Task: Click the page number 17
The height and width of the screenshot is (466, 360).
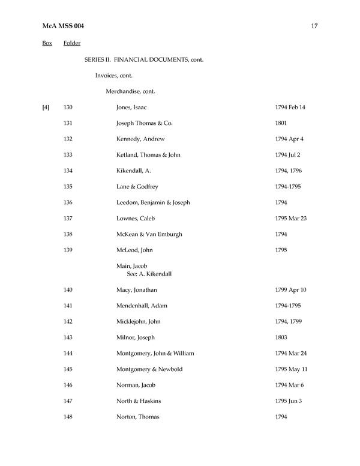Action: [314, 25]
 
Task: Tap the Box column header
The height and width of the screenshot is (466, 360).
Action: [47, 43]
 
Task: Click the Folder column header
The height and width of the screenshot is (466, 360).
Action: [72, 43]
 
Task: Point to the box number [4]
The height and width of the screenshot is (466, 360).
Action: [46, 107]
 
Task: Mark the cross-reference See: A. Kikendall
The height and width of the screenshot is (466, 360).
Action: [149, 273]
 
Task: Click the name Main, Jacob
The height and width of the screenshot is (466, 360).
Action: [132, 265]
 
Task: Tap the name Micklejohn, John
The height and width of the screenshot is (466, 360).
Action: [139, 321]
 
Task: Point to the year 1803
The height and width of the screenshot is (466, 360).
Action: [281, 337]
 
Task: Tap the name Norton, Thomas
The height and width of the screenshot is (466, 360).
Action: [137, 416]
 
